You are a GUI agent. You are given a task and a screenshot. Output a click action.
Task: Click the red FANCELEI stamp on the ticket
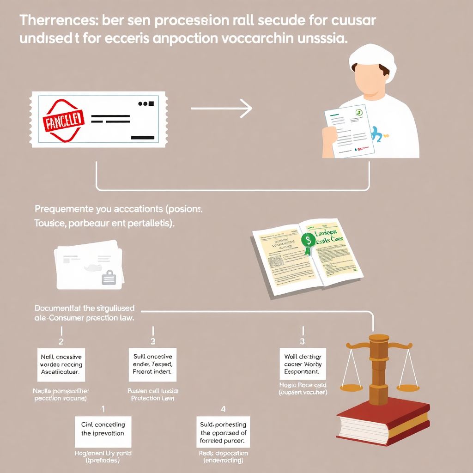pyautogui.click(x=63, y=121)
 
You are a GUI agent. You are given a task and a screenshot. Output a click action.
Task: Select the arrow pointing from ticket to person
pyautogui.click(x=222, y=109)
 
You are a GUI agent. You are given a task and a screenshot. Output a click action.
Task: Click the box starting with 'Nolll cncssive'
pyautogui.click(x=61, y=364)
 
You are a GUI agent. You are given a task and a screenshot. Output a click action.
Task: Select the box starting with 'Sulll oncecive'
pyautogui.click(x=152, y=364)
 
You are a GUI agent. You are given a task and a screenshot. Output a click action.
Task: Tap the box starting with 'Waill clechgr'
pyautogui.click(x=303, y=364)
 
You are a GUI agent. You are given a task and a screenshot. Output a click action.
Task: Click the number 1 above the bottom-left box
pyautogui.click(x=103, y=408)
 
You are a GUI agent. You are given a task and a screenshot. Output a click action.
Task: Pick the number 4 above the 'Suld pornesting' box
pyautogui.click(x=224, y=408)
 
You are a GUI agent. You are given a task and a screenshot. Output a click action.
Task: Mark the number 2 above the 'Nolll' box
pyautogui.click(x=61, y=342)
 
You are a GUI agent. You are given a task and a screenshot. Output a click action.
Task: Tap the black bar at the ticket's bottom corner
pyautogui.click(x=143, y=137)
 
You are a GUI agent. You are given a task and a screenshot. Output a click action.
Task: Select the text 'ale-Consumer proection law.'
pyautogui.click(x=85, y=318)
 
